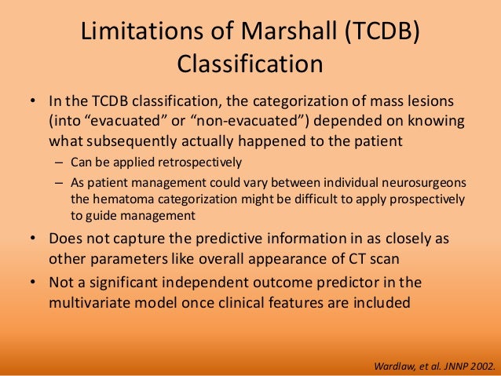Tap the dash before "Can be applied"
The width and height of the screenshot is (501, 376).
(59, 163)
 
